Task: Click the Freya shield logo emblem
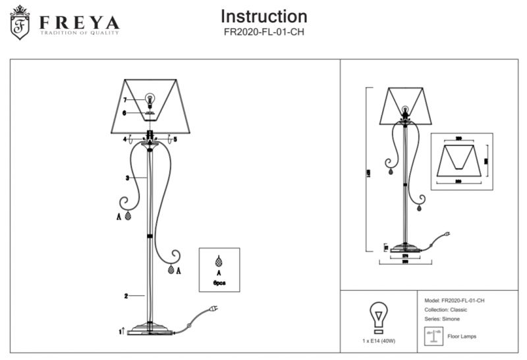click(22, 23)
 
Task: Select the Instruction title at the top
click(263, 16)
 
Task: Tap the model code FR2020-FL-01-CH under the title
click(263, 31)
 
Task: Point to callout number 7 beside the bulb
click(124, 99)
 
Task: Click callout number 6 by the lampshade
click(124, 113)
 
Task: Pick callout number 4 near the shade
click(124, 140)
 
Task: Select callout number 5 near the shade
click(175, 140)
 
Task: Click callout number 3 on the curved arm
click(126, 178)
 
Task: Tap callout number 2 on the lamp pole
click(125, 296)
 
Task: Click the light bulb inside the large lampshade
click(150, 99)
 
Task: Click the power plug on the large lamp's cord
click(213, 308)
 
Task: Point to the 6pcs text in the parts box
click(219, 282)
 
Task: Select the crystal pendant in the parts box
click(219, 261)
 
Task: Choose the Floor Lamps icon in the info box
click(432, 336)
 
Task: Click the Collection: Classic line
click(449, 309)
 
